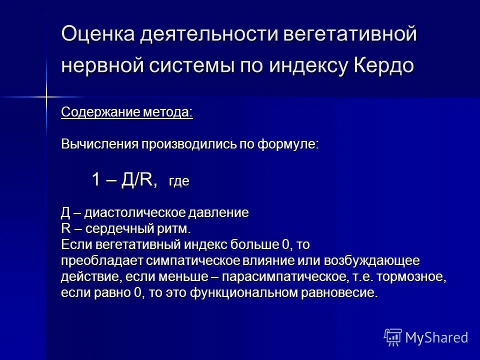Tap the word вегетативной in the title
pos(349,34)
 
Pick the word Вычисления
pos(99,144)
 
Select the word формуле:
pos(288,144)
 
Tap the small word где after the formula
pos(179,181)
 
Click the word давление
pos(219,212)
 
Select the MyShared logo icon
pos(392,337)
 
